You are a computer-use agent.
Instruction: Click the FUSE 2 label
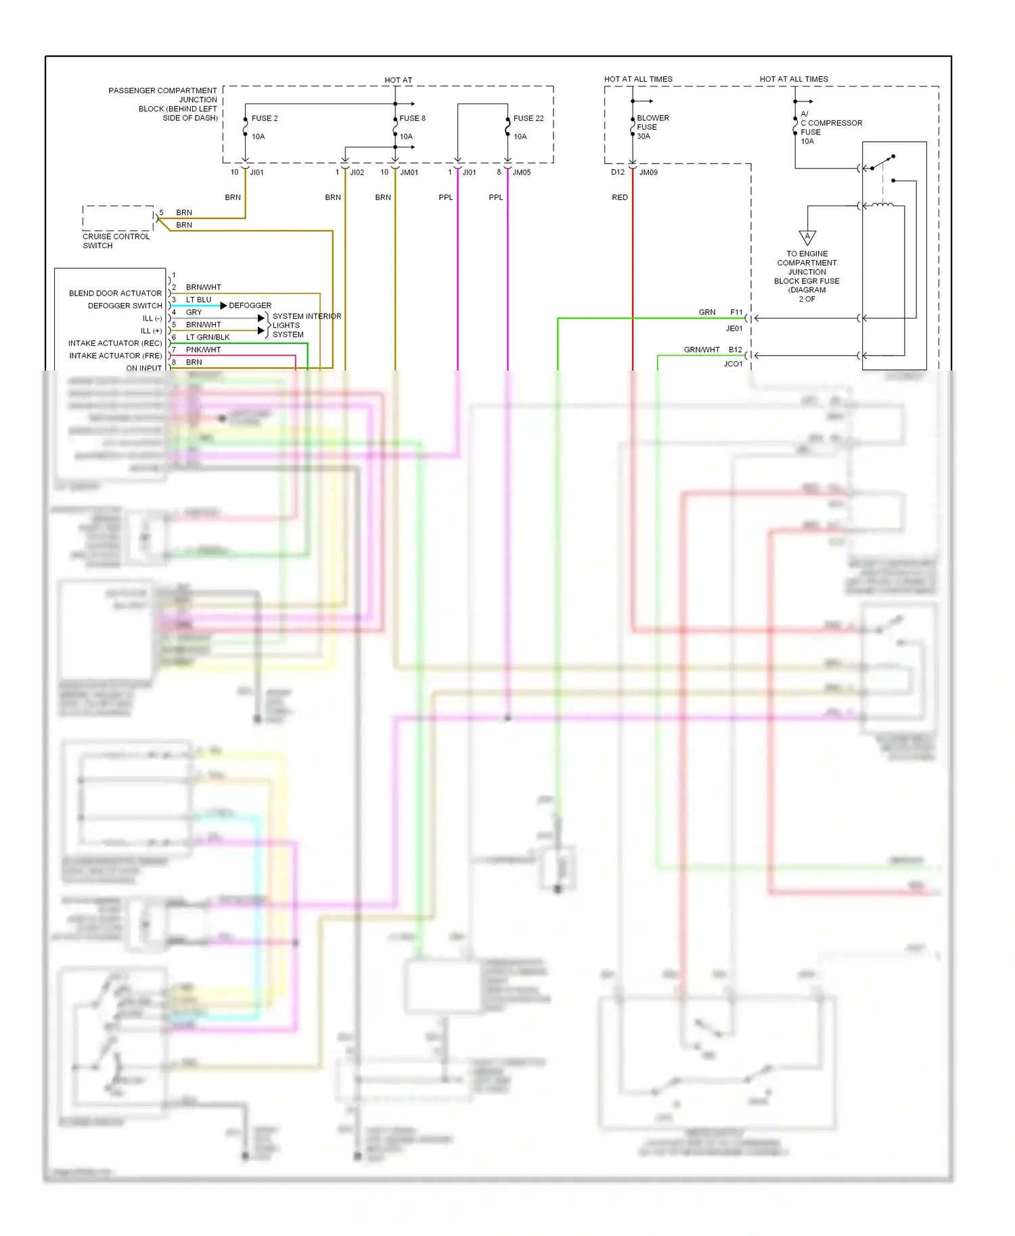pyautogui.click(x=265, y=118)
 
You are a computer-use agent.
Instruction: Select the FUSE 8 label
pyautogui.click(x=412, y=118)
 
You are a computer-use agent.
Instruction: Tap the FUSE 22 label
pyautogui.click(x=528, y=118)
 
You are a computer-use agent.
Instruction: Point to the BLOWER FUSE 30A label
pyautogui.click(x=652, y=127)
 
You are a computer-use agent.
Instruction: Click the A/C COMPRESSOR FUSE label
pyautogui.click(x=830, y=127)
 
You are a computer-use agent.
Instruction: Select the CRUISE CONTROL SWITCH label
pyautogui.click(x=116, y=241)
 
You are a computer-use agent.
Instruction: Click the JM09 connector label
pyautogui.click(x=648, y=172)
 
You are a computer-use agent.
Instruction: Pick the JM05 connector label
pyautogui.click(x=522, y=172)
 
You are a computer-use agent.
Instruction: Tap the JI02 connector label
pyautogui.click(x=357, y=172)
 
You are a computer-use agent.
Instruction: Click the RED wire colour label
pyautogui.click(x=620, y=197)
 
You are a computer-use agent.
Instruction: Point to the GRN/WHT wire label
pyautogui.click(x=702, y=350)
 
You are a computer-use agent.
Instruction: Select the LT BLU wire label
pyautogui.click(x=198, y=300)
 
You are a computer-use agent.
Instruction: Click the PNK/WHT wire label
pyautogui.click(x=203, y=350)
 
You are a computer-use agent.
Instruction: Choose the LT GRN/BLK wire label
pyautogui.click(x=208, y=337)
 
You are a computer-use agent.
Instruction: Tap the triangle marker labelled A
pyautogui.click(x=807, y=237)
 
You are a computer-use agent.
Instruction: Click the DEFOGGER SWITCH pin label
pyautogui.click(x=125, y=306)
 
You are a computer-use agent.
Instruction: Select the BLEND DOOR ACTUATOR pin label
pyautogui.click(x=115, y=293)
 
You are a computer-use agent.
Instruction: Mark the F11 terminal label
pyautogui.click(x=736, y=312)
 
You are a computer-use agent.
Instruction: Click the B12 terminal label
pyautogui.click(x=736, y=350)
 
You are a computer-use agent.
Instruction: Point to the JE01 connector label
pyautogui.click(x=734, y=329)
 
